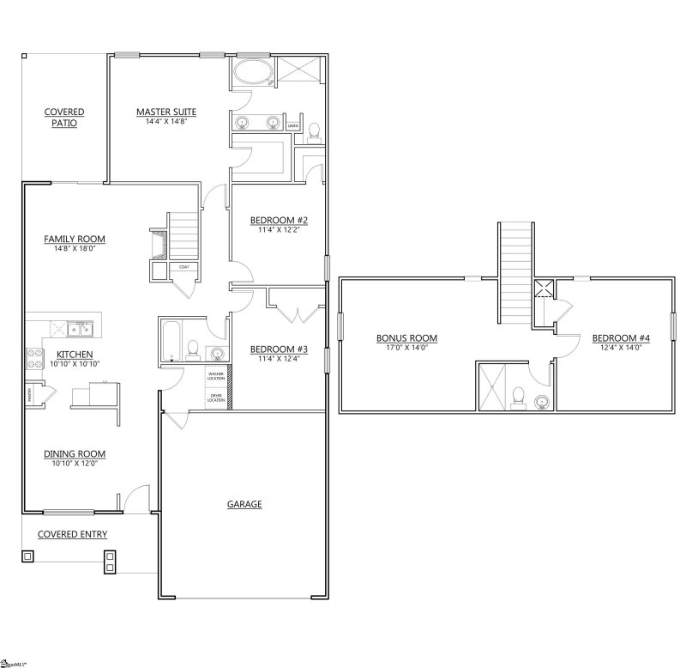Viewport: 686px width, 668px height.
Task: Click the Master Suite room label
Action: (167, 112)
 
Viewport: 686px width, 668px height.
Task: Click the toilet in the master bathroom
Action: (314, 131)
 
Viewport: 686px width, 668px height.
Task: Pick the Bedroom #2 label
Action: (278, 221)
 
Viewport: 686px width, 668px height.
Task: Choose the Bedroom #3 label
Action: (279, 349)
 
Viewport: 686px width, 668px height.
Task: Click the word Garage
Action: (244, 504)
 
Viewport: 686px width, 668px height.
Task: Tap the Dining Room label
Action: (74, 454)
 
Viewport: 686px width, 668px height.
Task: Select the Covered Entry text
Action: (72, 534)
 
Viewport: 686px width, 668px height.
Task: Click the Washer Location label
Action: (215, 375)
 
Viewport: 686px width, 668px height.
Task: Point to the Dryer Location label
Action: (215, 398)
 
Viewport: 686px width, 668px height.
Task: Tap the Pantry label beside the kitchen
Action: (27, 396)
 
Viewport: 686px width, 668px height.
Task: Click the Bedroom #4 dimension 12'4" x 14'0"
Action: (621, 348)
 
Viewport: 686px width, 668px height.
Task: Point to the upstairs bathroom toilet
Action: (516, 396)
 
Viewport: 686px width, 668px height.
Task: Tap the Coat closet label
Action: (184, 268)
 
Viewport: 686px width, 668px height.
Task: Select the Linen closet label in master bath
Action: (293, 126)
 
